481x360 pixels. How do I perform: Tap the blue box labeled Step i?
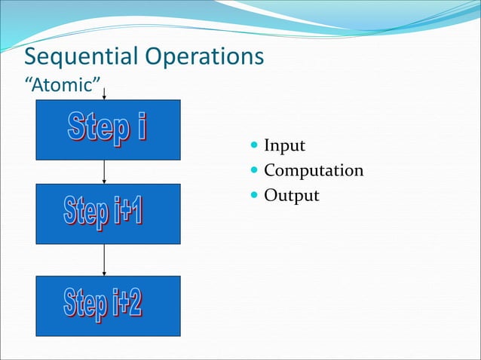click(108, 130)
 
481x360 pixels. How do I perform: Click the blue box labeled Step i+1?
click(108, 213)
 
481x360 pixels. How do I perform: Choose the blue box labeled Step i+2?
click(108, 305)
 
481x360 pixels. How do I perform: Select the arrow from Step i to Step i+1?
click(104, 172)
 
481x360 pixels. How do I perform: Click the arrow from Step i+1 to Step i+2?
click(104, 260)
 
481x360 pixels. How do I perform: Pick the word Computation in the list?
click(314, 171)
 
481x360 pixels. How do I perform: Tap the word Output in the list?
click(291, 196)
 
